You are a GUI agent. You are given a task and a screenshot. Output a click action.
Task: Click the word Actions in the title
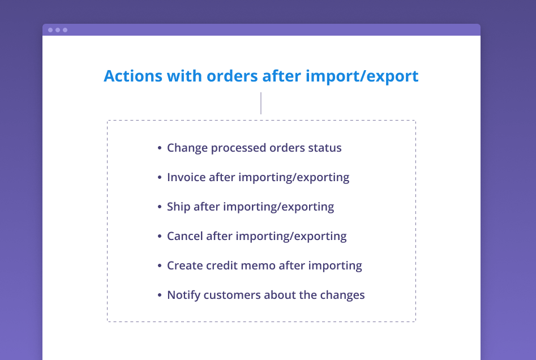click(x=133, y=76)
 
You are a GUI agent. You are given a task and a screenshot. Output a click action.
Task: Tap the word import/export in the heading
click(x=362, y=76)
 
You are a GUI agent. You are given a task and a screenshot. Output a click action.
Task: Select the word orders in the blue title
click(x=232, y=76)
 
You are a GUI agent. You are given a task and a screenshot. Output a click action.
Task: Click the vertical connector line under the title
click(x=261, y=103)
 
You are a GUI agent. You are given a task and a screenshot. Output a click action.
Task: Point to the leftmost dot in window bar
click(x=50, y=30)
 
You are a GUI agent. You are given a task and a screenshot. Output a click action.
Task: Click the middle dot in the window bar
click(x=58, y=30)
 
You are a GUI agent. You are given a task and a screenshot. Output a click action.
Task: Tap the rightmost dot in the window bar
click(x=65, y=30)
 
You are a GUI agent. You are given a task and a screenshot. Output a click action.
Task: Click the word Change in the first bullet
click(x=187, y=148)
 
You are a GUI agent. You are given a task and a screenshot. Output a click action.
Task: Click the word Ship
click(x=178, y=207)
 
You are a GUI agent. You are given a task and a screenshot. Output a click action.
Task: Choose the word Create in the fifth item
click(x=185, y=265)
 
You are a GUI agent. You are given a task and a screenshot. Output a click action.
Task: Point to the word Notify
click(x=183, y=295)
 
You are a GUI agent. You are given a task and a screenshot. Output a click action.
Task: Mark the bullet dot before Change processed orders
click(x=159, y=148)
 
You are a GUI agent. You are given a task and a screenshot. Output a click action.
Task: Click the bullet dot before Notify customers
click(x=159, y=295)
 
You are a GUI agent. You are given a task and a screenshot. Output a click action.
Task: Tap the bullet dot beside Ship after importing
click(x=159, y=207)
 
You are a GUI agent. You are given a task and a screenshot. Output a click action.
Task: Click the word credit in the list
click(x=222, y=265)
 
